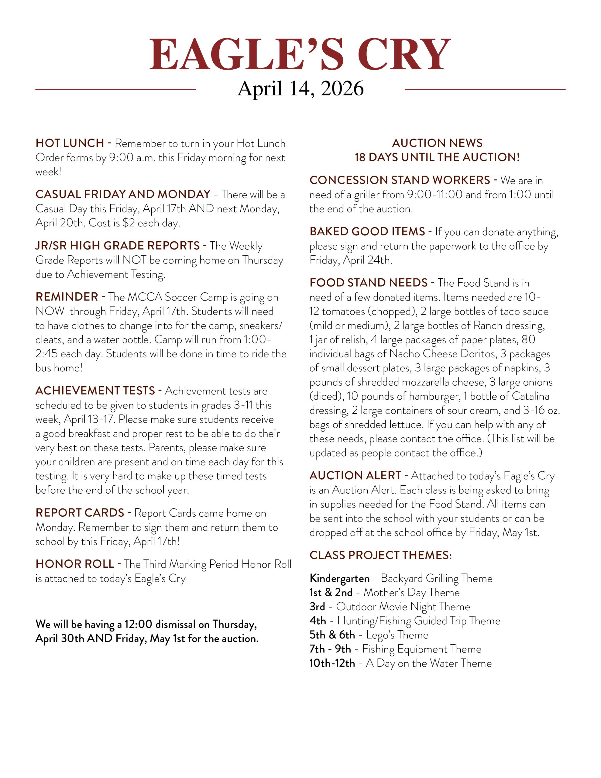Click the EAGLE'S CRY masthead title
(x=300, y=54)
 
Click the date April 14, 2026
(x=300, y=88)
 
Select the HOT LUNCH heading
(x=70, y=143)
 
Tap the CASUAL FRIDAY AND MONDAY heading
(x=123, y=194)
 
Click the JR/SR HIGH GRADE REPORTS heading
(x=118, y=246)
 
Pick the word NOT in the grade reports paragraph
(x=134, y=260)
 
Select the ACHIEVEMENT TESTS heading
(x=95, y=391)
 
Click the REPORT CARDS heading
(x=80, y=513)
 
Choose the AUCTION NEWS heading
(x=437, y=143)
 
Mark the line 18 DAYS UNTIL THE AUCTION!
(x=437, y=157)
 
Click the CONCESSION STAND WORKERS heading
(x=400, y=180)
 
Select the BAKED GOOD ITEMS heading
(x=367, y=232)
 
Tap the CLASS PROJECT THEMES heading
(x=380, y=555)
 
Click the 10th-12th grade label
(x=332, y=663)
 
